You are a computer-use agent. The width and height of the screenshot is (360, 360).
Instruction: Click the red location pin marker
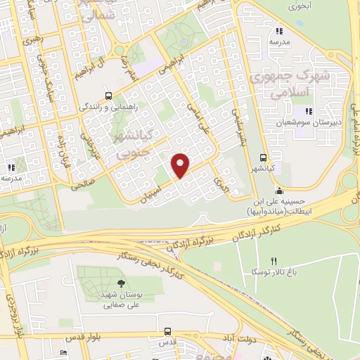coord(181,165)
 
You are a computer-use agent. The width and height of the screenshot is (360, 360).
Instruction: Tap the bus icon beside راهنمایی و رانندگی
coord(108,96)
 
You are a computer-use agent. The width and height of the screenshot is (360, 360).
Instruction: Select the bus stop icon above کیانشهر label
coord(263,157)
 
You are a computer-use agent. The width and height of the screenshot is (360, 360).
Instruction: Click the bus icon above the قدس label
coord(167,330)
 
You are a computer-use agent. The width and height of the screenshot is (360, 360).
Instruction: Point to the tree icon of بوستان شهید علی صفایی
coord(122,283)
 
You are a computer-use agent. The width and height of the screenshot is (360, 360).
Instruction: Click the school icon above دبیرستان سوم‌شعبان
coord(307,111)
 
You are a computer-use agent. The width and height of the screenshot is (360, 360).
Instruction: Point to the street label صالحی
coord(83,184)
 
